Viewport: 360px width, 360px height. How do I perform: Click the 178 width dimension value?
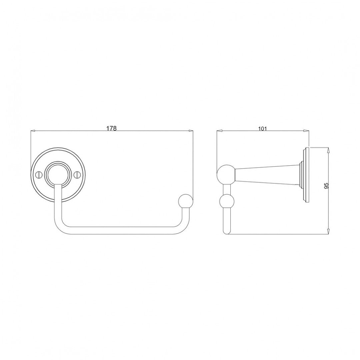[x=111, y=129]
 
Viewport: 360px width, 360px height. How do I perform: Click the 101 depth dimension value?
[x=262, y=129]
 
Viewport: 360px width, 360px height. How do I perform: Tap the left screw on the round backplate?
[x=38, y=174]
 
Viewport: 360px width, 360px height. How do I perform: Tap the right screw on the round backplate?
[x=77, y=174]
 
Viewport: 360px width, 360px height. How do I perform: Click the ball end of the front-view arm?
[x=185, y=202]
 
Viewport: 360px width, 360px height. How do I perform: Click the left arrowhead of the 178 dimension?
[x=33, y=131]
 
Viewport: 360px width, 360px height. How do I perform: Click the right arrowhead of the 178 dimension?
[x=191, y=131]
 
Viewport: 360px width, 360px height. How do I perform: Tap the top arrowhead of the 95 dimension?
[x=329, y=150]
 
